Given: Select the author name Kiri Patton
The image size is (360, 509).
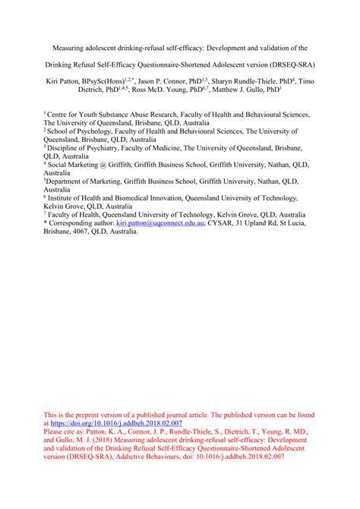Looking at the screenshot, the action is coord(65,81).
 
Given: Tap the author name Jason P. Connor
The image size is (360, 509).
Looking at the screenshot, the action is coord(165,81).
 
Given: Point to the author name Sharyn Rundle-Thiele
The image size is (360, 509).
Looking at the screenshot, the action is coord(242,81).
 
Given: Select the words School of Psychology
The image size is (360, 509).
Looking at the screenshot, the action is coord(85,131).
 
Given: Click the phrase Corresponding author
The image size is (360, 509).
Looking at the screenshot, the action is coord(81,225).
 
